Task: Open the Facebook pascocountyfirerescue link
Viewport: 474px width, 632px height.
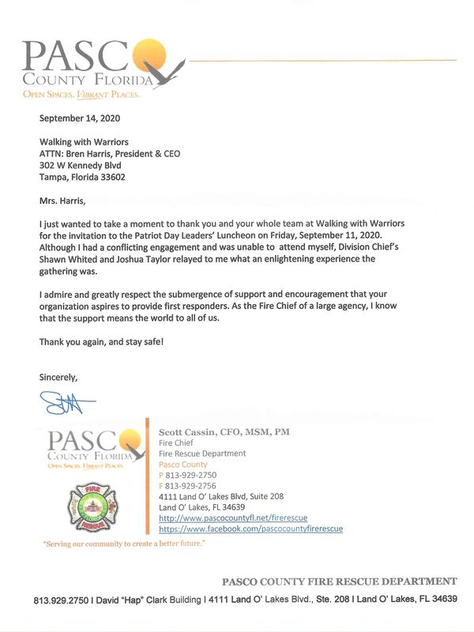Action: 250,528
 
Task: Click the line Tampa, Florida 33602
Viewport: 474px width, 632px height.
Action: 82,178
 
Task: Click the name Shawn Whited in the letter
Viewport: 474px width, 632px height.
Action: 64,258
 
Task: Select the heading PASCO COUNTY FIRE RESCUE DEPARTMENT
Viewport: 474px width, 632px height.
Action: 339,581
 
